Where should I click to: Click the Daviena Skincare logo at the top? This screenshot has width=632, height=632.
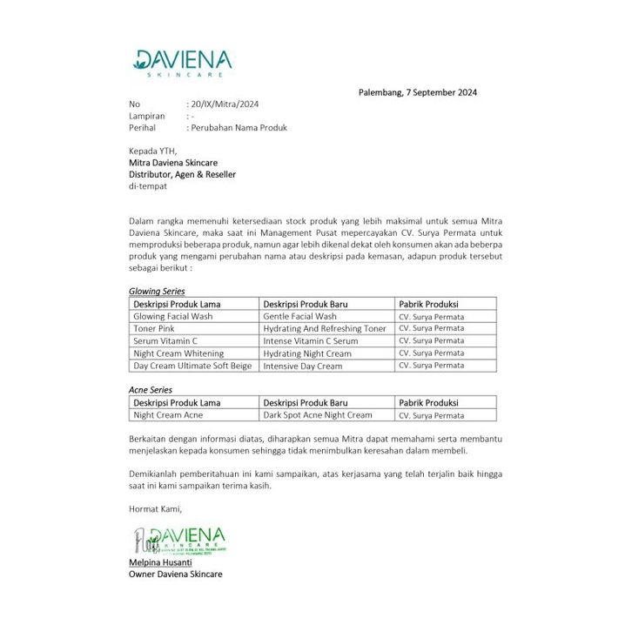[182, 63]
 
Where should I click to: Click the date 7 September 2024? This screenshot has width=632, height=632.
[417, 92]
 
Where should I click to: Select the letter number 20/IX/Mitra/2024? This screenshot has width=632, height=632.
[223, 104]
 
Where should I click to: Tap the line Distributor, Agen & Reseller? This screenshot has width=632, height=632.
[182, 174]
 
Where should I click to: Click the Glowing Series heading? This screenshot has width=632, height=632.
[157, 291]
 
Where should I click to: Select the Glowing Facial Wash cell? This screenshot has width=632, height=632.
[172, 316]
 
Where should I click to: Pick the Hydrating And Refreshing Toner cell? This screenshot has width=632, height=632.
[324, 328]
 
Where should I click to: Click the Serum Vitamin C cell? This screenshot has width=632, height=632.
[165, 340]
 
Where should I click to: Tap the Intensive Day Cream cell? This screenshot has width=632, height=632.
[302, 366]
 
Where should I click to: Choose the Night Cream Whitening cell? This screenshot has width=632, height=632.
[178, 353]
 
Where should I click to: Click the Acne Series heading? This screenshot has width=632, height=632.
[151, 390]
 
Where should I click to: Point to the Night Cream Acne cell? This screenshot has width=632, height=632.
[169, 415]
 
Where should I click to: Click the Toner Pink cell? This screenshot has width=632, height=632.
[154, 328]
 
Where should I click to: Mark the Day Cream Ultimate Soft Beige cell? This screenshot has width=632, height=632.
[192, 366]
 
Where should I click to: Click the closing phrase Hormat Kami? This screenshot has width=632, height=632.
[155, 509]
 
